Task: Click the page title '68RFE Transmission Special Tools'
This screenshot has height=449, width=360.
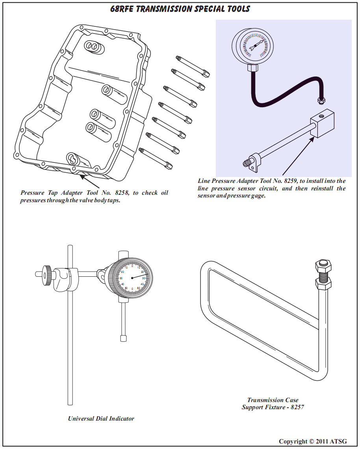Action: [180, 9]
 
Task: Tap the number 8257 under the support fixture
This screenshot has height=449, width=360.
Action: [297, 407]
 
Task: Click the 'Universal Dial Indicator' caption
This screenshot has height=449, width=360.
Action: [101, 419]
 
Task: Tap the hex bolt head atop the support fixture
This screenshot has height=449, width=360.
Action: [323, 266]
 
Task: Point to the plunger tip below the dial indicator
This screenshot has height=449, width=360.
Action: [123, 338]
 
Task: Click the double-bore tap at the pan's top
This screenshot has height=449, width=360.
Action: [94, 47]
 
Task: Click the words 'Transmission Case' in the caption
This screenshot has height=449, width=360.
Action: [273, 400]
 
